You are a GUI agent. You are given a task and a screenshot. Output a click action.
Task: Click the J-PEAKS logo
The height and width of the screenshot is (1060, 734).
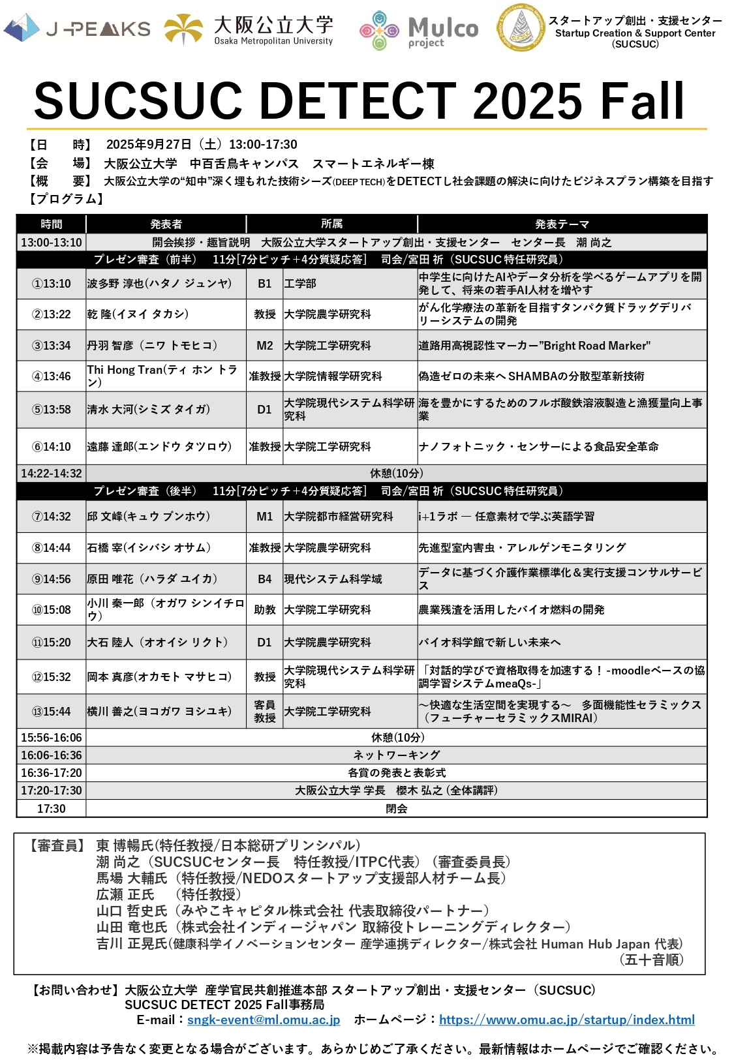click(x=77, y=29)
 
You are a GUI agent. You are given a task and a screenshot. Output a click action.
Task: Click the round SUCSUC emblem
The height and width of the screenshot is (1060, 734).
click(x=520, y=29)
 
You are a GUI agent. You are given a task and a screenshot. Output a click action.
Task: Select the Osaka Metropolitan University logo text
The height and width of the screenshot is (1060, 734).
click(x=273, y=30)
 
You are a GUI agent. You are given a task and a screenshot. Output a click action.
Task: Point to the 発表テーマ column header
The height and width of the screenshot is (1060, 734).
click(x=562, y=224)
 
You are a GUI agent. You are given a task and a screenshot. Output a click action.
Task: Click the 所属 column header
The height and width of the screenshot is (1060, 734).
click(x=331, y=224)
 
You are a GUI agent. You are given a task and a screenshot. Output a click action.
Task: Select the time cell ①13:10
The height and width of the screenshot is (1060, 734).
click(x=52, y=284)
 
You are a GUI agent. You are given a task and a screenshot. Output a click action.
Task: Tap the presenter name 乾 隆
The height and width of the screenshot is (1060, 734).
click(x=138, y=314)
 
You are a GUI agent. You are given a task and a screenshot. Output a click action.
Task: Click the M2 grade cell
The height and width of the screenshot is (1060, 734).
click(x=265, y=346)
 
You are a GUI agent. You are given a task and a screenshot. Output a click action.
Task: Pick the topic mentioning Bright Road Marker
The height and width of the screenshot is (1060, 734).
click(x=534, y=346)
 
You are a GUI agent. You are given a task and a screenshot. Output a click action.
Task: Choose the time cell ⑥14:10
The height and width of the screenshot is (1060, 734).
click(x=52, y=447)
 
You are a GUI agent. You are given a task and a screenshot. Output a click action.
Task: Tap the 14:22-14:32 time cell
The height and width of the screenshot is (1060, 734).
click(x=52, y=474)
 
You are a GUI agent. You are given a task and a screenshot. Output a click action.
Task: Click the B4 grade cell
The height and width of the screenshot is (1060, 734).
click(x=265, y=579)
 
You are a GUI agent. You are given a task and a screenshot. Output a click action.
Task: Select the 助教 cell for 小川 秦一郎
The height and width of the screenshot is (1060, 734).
click(x=265, y=610)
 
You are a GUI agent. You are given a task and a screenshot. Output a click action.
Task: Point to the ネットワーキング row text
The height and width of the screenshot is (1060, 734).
click(x=397, y=755)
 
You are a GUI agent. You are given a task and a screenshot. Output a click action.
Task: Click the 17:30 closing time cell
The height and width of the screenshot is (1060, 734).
click(x=52, y=809)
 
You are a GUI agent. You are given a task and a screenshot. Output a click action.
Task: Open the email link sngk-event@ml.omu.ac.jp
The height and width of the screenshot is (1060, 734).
click(x=264, y=1020)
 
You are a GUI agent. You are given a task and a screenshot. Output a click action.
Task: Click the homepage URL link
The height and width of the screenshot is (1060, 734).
click(x=566, y=1020)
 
